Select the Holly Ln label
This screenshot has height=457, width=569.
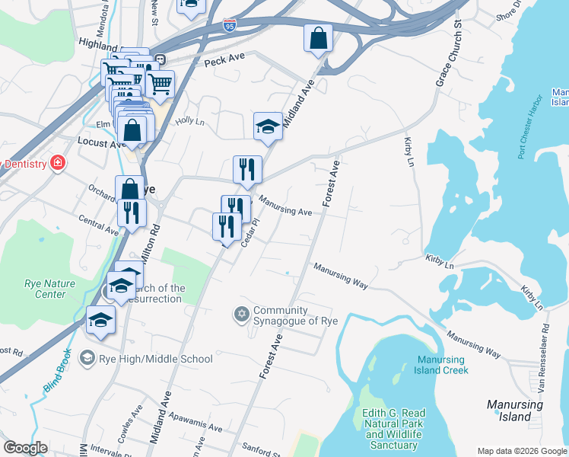coord(190,121)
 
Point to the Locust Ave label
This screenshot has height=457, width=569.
coord(101,142)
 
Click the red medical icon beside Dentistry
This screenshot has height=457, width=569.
coord(56,163)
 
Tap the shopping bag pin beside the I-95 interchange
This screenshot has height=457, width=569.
coord(318,38)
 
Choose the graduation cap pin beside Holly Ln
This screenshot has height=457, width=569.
coord(268,126)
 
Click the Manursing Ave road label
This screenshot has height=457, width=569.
coord(285,206)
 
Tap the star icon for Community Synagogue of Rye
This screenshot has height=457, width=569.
coord(242,315)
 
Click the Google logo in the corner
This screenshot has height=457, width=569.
coord(25,448)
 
